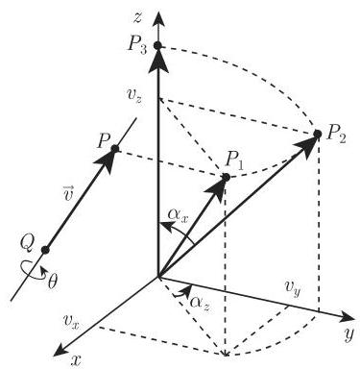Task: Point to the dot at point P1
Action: pyautogui.click(x=226, y=177)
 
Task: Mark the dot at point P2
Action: pyautogui.click(x=317, y=134)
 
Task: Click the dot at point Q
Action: pyautogui.click(x=44, y=251)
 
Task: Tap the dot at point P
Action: pyautogui.click(x=114, y=148)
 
